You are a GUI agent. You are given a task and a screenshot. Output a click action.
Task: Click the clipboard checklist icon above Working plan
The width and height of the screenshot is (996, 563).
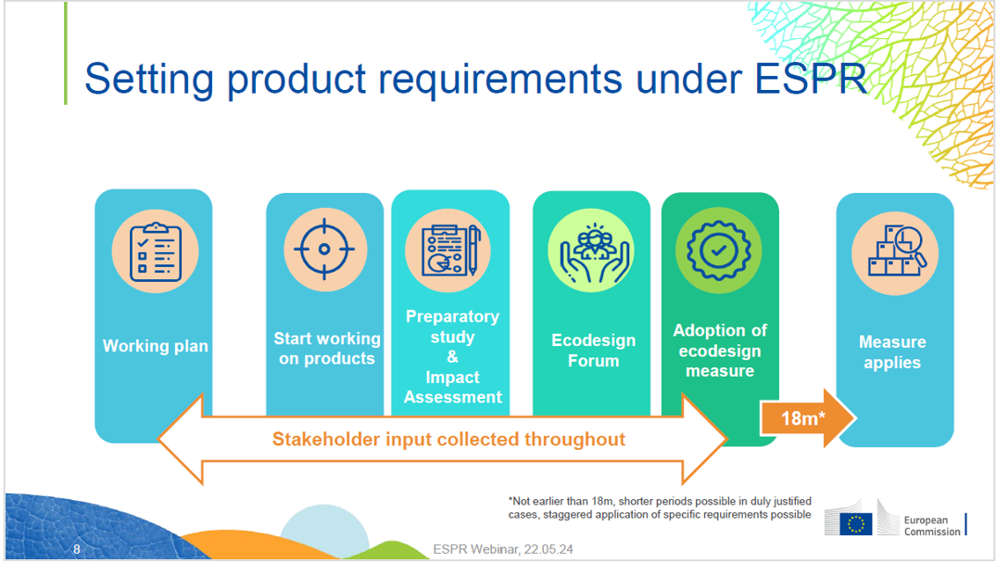click(x=154, y=250)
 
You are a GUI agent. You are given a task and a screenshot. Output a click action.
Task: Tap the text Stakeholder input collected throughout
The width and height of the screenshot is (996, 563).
click(x=448, y=439)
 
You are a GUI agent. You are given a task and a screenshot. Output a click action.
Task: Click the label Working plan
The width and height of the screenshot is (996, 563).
click(x=155, y=346)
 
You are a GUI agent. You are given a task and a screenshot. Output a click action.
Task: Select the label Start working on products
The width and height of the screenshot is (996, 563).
click(x=326, y=349)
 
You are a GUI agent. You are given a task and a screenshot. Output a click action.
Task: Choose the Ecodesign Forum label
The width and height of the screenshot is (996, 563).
click(x=593, y=351)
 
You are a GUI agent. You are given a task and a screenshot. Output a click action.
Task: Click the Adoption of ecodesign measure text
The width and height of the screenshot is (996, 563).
click(x=720, y=351)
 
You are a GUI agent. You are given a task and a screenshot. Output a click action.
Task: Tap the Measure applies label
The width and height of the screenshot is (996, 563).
click(x=892, y=352)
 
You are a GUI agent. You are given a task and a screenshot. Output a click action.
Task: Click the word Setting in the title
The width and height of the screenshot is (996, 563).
click(x=148, y=80)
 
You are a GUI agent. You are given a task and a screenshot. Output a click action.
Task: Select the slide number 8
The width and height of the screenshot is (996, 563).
click(x=77, y=550)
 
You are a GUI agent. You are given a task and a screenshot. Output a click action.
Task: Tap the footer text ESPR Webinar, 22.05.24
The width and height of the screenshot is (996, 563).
click(x=503, y=550)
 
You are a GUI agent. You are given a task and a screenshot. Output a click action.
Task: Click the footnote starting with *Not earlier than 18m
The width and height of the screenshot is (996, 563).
click(x=659, y=507)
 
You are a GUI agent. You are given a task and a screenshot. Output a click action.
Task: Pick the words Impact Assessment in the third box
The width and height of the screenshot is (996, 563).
click(x=452, y=388)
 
